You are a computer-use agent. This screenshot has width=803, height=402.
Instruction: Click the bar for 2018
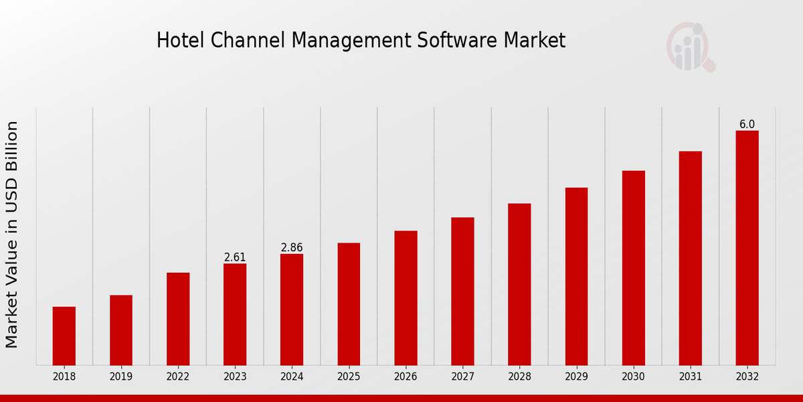click(64, 336)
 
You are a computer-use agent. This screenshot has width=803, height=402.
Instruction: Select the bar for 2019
click(121, 330)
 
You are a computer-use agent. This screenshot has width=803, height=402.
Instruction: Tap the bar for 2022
click(178, 318)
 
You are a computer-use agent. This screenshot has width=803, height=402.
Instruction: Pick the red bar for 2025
click(349, 304)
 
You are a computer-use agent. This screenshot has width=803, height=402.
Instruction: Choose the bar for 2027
click(462, 291)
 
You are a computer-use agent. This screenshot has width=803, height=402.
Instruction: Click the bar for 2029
click(576, 276)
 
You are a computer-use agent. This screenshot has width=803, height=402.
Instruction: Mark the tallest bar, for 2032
click(747, 248)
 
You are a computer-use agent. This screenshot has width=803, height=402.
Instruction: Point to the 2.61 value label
click(235, 257)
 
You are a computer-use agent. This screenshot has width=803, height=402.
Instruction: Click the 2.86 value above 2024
click(292, 248)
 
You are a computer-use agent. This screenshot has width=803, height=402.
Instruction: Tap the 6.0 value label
click(747, 125)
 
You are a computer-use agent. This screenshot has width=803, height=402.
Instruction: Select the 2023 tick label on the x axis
click(235, 377)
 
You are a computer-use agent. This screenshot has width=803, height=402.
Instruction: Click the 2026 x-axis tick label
click(406, 377)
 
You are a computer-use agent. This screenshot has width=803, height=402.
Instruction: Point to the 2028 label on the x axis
click(519, 377)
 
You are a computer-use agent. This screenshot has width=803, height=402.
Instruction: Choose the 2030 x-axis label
click(633, 377)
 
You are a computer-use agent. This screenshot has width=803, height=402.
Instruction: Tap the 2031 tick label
click(690, 377)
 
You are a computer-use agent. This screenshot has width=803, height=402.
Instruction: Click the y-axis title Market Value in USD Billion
click(12, 234)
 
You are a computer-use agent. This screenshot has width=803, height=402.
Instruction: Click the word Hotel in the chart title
click(175, 41)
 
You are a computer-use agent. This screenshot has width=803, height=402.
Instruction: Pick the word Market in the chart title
click(535, 41)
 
